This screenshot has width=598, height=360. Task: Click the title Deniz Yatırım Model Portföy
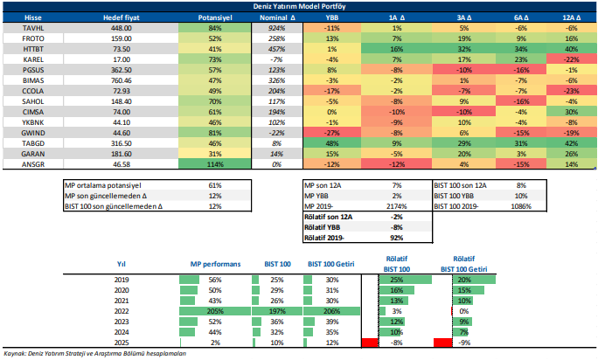click(298, 6)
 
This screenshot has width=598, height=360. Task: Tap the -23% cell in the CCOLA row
click(572, 90)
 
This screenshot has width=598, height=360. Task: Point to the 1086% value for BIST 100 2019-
click(523, 205)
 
